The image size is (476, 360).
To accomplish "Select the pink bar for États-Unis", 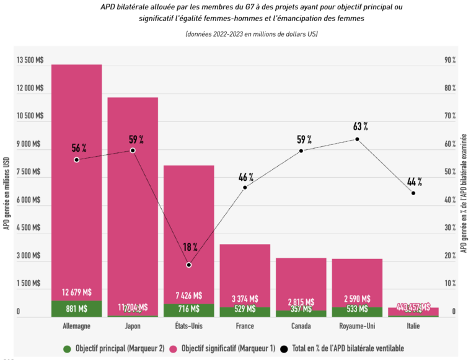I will coord(188,229).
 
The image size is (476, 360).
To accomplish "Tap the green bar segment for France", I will coord(244,312).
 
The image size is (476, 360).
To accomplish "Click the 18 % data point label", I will coord(190,247).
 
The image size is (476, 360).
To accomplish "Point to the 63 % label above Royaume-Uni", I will coord(360,126).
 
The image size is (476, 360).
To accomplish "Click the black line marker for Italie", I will coord(413,193).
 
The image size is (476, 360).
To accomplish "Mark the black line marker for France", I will coord(245,187).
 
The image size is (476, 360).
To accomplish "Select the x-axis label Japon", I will coord(133,325).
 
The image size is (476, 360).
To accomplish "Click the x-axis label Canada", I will coord(301,325).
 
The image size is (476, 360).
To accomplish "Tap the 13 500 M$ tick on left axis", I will coord(29,60).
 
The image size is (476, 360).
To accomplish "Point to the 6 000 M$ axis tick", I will coord(29,200).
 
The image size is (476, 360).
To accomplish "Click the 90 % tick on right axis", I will coord(450,60).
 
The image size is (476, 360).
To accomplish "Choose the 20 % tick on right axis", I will coord(450,255).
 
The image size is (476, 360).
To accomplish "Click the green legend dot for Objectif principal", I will coord(67,348).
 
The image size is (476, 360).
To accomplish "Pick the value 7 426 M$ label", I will coord(188,295).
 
